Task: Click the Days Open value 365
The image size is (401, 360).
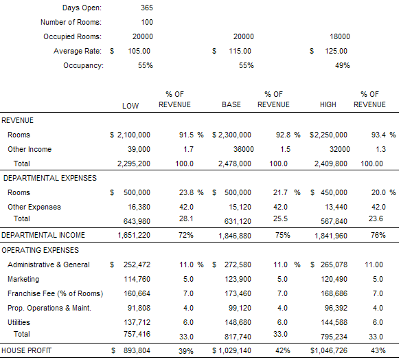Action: click(x=147, y=8)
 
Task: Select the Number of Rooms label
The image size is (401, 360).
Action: click(x=71, y=22)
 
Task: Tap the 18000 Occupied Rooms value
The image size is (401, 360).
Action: click(x=340, y=36)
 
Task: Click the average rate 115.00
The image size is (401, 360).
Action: click(x=240, y=51)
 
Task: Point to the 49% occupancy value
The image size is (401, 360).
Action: click(x=343, y=65)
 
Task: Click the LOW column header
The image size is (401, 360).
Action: click(x=130, y=106)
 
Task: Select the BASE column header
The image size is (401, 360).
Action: click(x=231, y=104)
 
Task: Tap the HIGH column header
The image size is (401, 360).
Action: click(x=328, y=104)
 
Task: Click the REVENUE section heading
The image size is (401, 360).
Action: click(x=17, y=120)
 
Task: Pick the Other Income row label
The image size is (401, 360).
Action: click(x=30, y=149)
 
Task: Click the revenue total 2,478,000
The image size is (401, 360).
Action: click(x=235, y=164)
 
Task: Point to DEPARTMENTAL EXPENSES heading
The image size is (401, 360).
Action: click(x=50, y=178)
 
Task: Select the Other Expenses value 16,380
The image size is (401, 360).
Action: click(x=139, y=207)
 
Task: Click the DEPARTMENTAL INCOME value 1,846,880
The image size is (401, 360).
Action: click(x=235, y=236)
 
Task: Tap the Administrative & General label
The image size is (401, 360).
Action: click(x=49, y=265)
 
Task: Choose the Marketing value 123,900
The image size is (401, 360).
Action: click(x=238, y=279)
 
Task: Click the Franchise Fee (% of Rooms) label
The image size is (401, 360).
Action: click(x=55, y=293)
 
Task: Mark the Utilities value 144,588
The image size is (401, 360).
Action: click(x=334, y=322)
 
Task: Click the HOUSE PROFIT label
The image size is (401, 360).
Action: click(x=26, y=350)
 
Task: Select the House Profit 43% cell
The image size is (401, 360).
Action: click(x=378, y=350)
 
